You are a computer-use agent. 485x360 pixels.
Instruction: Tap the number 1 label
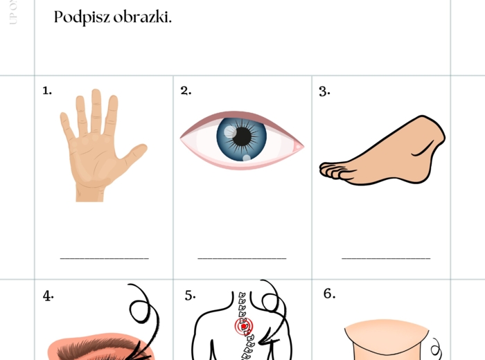click(47, 91)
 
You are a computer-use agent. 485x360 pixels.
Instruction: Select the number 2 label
click(186, 91)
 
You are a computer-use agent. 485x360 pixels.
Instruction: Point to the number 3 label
click(324, 91)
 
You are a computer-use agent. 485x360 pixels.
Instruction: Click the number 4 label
click(48, 296)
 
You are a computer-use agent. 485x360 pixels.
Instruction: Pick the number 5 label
click(190, 296)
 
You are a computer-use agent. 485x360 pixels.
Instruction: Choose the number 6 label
click(329, 294)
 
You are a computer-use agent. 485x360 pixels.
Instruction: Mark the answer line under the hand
click(104, 258)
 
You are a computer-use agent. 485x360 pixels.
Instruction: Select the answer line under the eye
click(242, 258)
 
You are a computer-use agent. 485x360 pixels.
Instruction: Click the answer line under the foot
click(386, 258)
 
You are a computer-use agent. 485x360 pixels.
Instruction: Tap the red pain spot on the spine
click(247, 325)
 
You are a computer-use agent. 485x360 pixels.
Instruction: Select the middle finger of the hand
click(96, 104)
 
